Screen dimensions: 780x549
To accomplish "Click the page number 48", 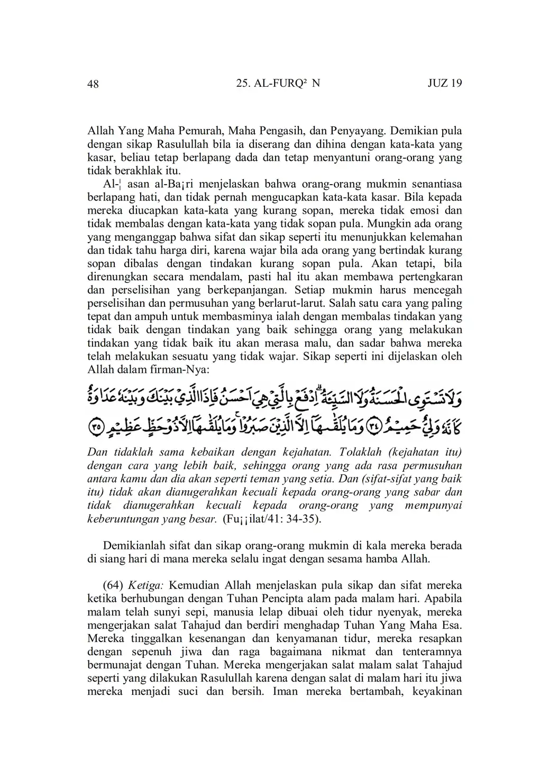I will pos(93,84).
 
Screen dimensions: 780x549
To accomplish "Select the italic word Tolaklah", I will pos(361,453).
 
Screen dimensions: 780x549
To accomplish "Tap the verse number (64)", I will pos(113,585).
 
